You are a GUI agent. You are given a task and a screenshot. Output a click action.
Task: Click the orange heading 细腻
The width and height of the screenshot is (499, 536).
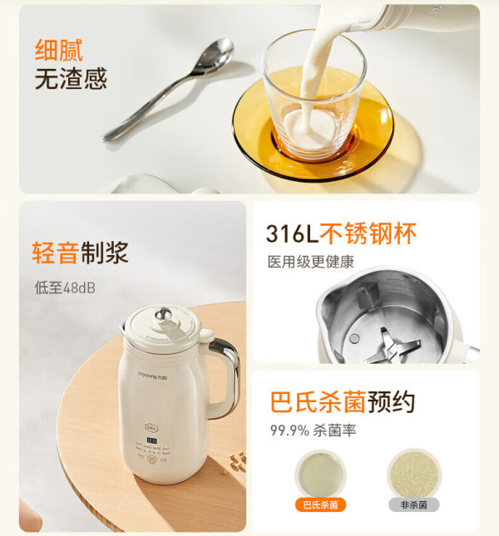point(59,51)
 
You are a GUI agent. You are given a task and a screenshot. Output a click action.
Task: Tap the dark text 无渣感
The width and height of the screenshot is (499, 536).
point(71,79)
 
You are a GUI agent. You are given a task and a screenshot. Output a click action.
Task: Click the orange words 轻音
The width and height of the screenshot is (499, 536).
point(56,253)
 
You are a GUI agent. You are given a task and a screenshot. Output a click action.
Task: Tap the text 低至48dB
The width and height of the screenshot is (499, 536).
point(65,288)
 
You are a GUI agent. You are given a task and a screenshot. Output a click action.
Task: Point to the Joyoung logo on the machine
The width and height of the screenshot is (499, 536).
point(152,376)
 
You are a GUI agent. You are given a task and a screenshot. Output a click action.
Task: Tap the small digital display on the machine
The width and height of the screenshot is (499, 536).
point(152,440)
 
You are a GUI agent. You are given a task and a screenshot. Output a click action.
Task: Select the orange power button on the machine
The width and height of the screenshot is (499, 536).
point(152,459)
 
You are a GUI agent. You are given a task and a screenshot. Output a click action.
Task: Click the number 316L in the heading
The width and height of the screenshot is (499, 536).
point(292,234)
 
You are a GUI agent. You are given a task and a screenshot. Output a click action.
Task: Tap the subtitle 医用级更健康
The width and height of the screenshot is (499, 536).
point(310,262)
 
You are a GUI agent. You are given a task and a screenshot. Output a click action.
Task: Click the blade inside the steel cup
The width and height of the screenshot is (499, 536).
point(393,346)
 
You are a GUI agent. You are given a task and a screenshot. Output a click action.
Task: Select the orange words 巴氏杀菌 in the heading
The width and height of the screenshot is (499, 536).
point(319,402)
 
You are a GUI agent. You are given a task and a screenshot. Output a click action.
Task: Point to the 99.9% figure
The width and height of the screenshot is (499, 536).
point(289,430)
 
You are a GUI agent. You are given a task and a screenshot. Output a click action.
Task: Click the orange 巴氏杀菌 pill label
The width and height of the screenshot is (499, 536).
point(320,504)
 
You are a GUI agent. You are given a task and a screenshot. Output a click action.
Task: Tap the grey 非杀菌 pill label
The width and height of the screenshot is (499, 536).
point(414,504)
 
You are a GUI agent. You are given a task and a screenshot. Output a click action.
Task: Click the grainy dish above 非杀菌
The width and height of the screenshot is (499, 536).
point(414,475)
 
